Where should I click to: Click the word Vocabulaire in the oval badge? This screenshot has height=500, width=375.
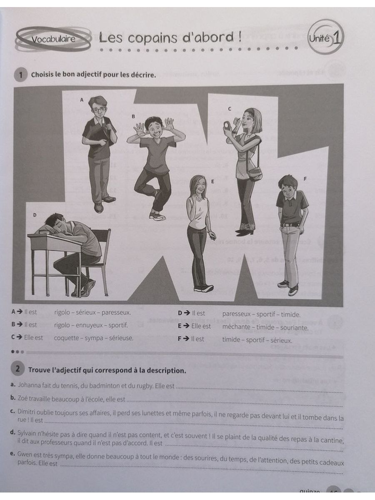click(53, 40)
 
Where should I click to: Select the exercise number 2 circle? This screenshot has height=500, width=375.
click(18, 369)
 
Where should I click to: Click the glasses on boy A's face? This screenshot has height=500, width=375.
click(98, 110)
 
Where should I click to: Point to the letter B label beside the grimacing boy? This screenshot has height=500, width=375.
click(133, 116)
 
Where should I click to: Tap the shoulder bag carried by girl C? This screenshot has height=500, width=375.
click(255, 172)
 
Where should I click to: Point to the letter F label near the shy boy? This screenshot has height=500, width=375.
click(305, 178)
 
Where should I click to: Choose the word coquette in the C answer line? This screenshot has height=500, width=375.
click(67, 338)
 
